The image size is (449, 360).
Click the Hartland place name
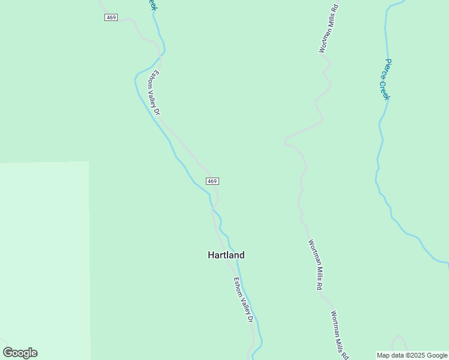tap(226, 255)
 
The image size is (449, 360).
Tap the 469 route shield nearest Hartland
tap(212, 181)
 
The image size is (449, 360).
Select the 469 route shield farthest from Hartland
tap(110, 17)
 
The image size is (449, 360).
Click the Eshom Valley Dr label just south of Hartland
tap(243, 300)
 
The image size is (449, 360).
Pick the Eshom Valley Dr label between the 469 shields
tap(156, 93)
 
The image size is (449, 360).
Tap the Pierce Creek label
tap(388, 79)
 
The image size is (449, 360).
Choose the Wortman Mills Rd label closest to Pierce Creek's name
tap(329, 29)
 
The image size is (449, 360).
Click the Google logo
tap(20, 353)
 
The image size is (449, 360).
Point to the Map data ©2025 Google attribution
tap(412, 355)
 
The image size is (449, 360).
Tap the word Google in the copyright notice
tap(437, 355)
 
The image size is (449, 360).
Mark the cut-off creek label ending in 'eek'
tap(152, 5)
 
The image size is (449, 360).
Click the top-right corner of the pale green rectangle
tap(89, 162)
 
